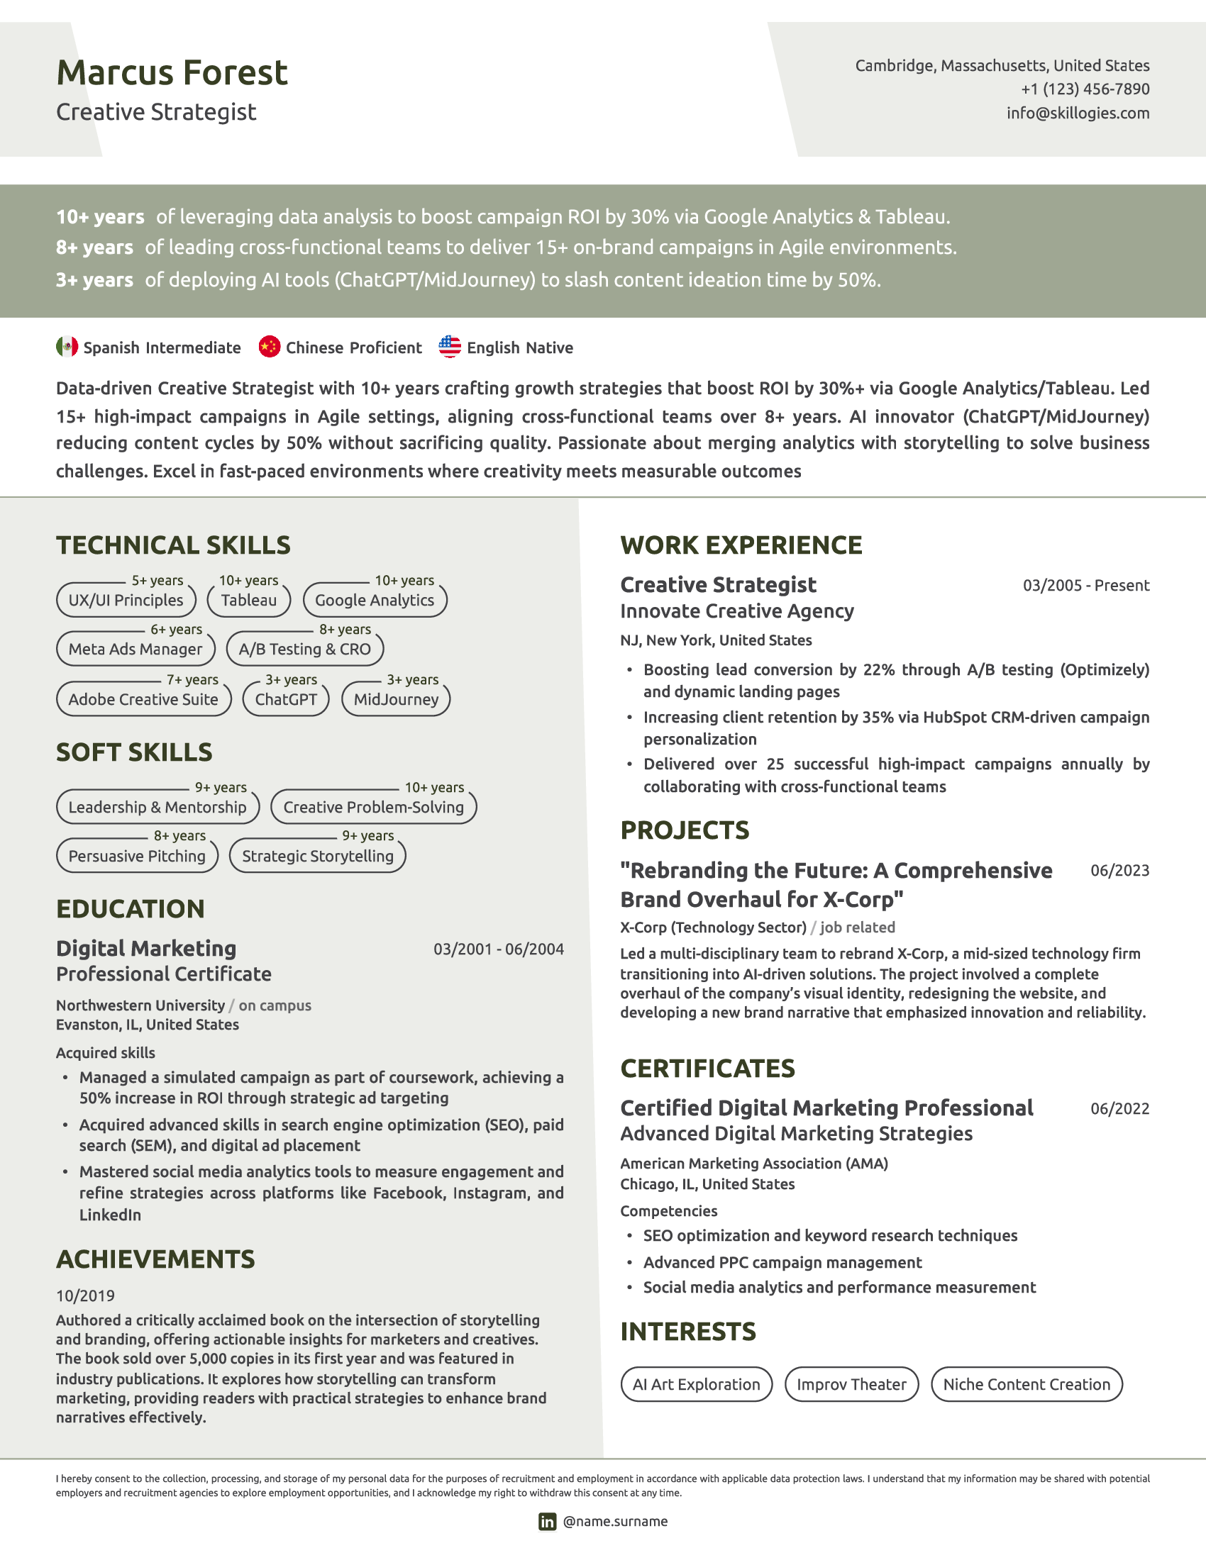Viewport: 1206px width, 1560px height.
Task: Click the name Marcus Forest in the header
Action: coord(172,73)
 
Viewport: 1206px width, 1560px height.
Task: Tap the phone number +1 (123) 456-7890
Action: coord(1085,89)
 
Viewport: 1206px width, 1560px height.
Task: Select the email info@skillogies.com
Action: coord(1078,113)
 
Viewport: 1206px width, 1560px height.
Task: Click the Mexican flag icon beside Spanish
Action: coord(67,347)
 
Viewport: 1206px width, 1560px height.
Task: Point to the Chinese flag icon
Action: coord(270,347)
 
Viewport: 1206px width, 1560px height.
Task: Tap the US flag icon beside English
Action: coord(449,347)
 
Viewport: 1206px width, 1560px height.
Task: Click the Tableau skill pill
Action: coord(248,600)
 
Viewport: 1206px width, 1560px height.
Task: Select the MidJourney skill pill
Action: coord(396,699)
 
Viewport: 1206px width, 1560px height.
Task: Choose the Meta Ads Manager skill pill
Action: coord(135,650)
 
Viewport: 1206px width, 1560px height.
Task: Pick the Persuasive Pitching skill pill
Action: coord(137,856)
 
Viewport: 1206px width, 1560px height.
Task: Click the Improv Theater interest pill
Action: coord(851,1384)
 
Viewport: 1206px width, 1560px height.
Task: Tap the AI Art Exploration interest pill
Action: coord(696,1384)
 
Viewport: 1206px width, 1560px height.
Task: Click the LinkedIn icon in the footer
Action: coord(547,1522)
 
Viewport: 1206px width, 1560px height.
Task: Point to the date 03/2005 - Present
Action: coord(1086,586)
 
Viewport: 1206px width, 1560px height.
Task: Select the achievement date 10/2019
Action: coord(85,1296)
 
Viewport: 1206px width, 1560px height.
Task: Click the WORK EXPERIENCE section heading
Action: coord(741,545)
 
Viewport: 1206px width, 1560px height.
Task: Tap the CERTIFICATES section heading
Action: coord(707,1068)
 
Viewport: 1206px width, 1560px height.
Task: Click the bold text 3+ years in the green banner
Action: coord(94,280)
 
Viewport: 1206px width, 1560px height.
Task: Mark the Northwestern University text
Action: coord(140,1005)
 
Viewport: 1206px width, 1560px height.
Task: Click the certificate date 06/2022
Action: coord(1119,1108)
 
